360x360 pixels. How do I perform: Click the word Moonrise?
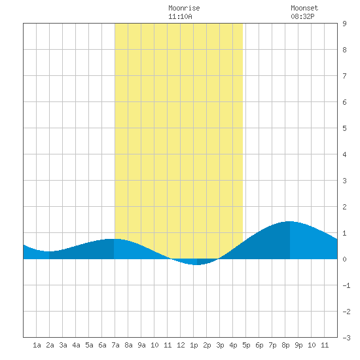pos(184,8)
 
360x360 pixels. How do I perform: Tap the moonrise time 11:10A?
pos(180,16)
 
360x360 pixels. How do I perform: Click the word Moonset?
pos(304,8)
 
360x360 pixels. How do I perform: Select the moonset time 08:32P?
pos(302,16)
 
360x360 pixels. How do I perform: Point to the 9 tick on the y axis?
pos(344,24)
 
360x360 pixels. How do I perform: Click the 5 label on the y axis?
pos(344,128)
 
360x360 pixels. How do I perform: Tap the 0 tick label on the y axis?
pos(344,259)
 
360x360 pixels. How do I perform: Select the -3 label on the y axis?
pos(346,338)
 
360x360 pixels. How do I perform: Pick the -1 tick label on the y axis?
pos(346,285)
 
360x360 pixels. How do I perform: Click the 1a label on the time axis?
pos(37,345)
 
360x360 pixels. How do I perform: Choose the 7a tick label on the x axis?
pos(115,345)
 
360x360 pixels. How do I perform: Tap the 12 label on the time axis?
pos(181,345)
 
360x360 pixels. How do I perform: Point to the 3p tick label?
pos(220,345)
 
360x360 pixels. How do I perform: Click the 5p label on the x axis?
pos(246,345)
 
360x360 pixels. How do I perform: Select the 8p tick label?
pos(285,345)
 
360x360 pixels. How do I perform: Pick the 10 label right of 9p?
pos(312,345)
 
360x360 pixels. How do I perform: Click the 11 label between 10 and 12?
pos(168,345)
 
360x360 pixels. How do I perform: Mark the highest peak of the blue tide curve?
pos(290,221)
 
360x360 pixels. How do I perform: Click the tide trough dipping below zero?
pos(195,264)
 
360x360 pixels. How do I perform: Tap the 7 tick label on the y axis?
pos(344,76)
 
